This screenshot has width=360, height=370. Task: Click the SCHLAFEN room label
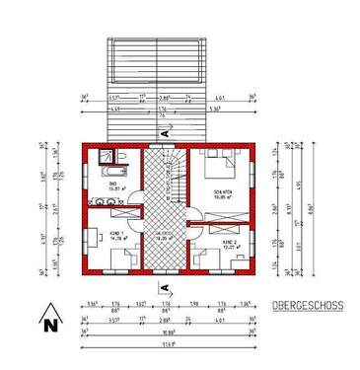[223, 193]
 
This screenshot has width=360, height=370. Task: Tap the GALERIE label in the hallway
[166, 234]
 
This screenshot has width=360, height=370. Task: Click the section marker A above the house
[174, 128]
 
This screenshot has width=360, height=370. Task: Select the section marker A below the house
[164, 286]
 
